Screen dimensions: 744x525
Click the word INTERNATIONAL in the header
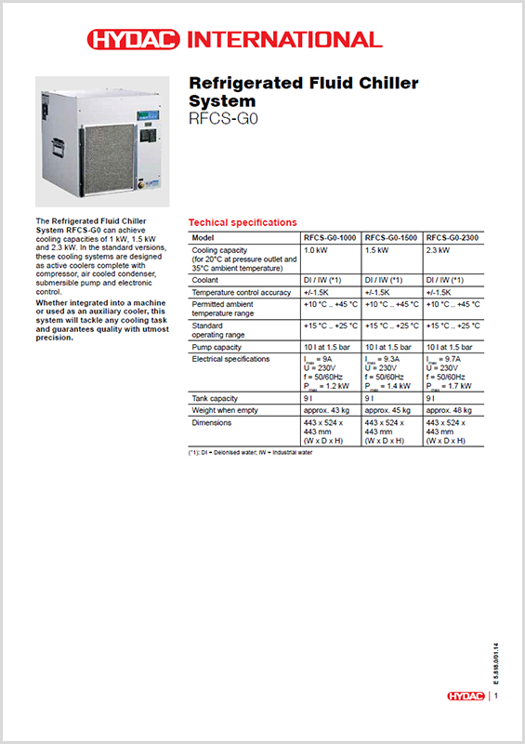(x=284, y=39)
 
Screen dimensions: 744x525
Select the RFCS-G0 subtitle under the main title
(x=220, y=118)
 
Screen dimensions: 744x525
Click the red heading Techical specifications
(x=243, y=223)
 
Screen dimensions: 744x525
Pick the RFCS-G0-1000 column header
(x=331, y=238)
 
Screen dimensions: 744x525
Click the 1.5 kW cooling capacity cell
(x=376, y=251)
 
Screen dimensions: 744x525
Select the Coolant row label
(x=205, y=279)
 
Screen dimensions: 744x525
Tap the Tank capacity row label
(x=215, y=397)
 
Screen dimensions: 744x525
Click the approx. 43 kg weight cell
(x=324, y=409)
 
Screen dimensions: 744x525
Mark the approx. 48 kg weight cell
(x=449, y=409)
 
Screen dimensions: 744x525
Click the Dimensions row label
(x=212, y=422)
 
